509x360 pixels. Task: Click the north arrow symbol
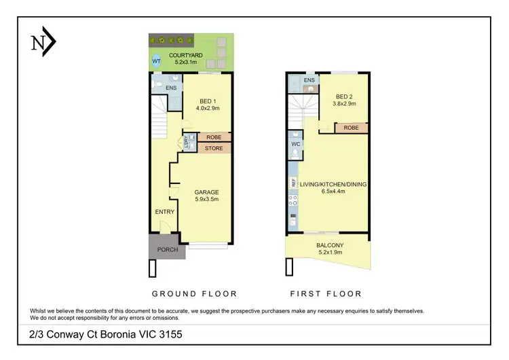43,41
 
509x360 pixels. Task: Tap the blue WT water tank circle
156,61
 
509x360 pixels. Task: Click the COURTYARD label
186,55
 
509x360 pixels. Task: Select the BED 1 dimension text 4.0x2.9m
208,108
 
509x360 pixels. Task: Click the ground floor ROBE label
214,137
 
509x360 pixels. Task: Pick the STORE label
214,148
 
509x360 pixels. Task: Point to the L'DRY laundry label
186,142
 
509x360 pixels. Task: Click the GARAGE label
206,192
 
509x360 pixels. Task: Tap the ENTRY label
165,212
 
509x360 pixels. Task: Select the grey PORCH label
168,249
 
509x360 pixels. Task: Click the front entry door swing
165,226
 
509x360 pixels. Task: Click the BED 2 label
344,96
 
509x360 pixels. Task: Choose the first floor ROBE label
352,128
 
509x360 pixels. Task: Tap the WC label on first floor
295,144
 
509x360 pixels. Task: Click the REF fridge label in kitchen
293,183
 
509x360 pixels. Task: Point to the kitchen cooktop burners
293,200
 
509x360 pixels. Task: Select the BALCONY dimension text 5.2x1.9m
330,252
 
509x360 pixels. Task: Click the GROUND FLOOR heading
195,293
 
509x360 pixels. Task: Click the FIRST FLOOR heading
326,293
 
